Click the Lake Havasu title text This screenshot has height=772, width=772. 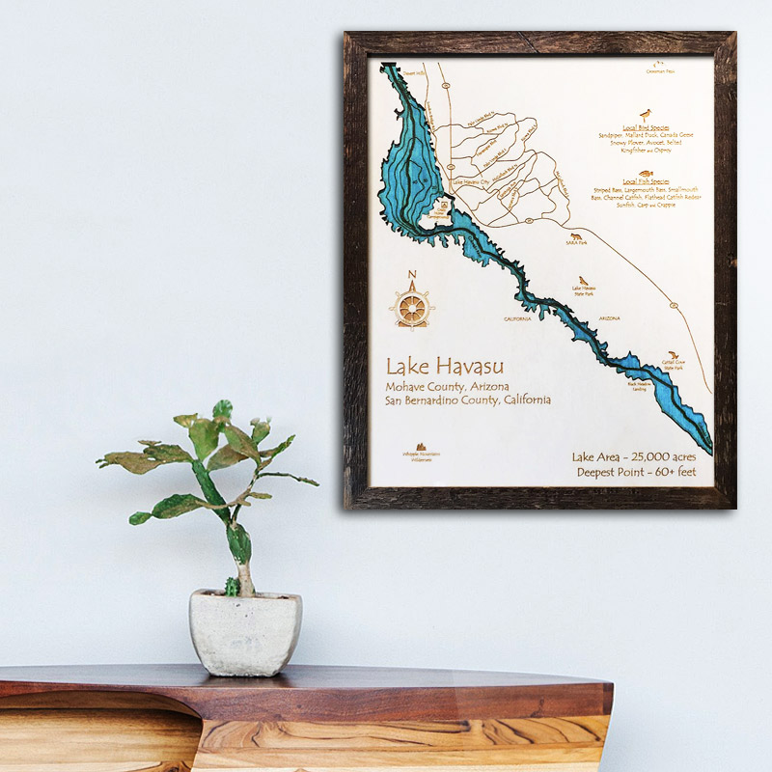coord(445,368)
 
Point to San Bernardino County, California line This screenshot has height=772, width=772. coord(468,400)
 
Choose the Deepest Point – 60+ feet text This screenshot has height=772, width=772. coord(641,473)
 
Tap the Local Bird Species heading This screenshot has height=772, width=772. coord(645,127)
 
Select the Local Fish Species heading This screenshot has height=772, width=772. coord(645,180)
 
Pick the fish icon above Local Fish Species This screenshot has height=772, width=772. coord(644,169)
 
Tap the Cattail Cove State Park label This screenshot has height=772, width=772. coord(674,365)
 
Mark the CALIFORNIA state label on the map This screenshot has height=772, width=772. coord(517,318)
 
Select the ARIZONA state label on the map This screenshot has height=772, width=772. coord(608,317)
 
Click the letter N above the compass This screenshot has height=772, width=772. coord(412,275)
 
